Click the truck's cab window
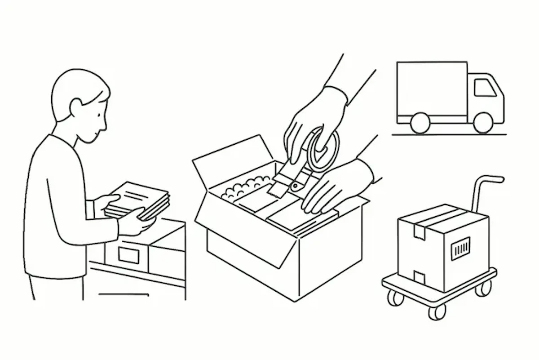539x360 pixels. tap(485, 88)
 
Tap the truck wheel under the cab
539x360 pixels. tap(483, 122)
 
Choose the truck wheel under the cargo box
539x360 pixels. tap(420, 123)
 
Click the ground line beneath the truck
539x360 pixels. tap(449, 134)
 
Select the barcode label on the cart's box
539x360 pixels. tap(461, 248)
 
